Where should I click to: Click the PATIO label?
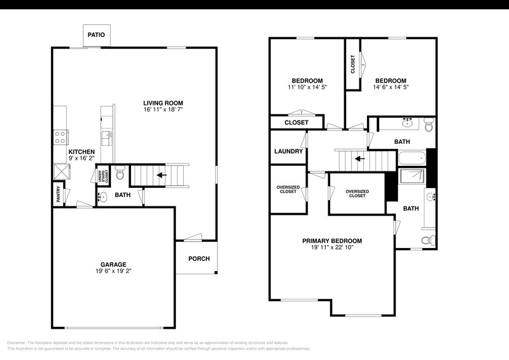tap(96, 35)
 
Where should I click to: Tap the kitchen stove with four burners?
tap(61, 137)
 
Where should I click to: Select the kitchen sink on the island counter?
tap(107, 136)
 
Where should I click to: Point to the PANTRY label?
tap(58, 193)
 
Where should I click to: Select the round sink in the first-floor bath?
tap(102, 197)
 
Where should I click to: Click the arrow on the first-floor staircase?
tap(161, 174)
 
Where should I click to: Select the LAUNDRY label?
tap(288, 151)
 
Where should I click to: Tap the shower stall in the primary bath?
tap(411, 177)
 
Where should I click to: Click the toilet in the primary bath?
tap(428, 238)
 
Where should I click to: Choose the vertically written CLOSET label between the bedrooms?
tap(353, 64)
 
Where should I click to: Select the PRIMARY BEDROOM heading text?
tap(332, 241)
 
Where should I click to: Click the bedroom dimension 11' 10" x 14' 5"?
tap(307, 88)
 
